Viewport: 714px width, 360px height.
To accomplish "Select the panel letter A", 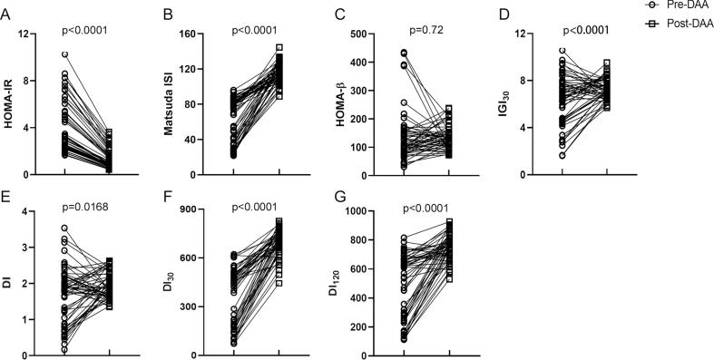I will coord(8,12).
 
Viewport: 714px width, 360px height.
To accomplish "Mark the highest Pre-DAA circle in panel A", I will coord(64,54).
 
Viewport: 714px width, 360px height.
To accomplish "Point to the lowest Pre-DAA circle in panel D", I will coord(563,155).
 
